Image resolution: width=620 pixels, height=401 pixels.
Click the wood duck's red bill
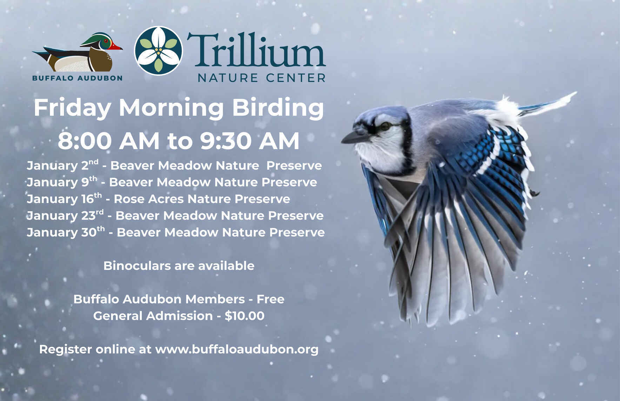[116, 47]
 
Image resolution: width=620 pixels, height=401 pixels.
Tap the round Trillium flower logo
[159, 51]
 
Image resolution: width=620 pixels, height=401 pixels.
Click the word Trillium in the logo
[256, 51]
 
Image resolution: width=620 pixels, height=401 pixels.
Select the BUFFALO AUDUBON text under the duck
[77, 78]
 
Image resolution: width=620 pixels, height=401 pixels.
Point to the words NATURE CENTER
[262, 78]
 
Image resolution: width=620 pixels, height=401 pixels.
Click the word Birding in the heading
[278, 108]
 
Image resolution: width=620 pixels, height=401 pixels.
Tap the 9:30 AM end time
[249, 141]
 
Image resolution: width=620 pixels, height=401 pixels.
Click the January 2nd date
[62, 165]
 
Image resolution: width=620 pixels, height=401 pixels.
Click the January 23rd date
[65, 215]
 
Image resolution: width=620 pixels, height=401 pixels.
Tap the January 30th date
[66, 232]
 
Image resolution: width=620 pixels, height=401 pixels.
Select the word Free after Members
[270, 299]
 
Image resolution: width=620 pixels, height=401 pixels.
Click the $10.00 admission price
[245, 316]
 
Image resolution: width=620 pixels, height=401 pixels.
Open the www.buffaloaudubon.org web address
[237, 349]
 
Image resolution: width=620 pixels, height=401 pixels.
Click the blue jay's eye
[385, 126]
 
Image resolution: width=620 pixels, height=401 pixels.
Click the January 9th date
[62, 182]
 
